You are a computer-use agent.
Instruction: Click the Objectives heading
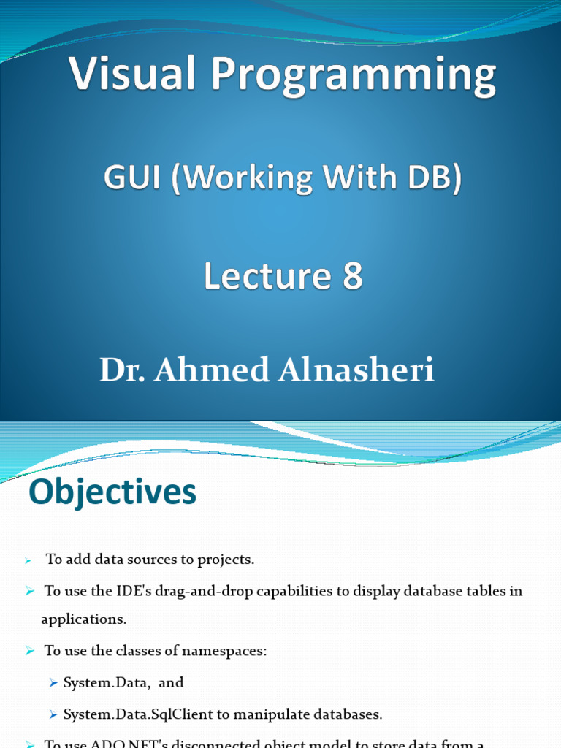point(112,493)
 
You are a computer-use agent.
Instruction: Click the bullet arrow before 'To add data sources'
point(28,561)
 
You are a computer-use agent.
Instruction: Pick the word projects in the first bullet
point(228,560)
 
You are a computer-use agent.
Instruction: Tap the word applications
point(83,619)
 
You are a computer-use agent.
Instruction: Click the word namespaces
point(229,650)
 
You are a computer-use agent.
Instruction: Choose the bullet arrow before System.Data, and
point(53,683)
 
